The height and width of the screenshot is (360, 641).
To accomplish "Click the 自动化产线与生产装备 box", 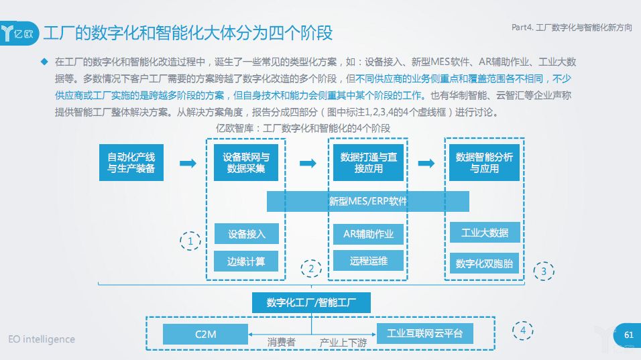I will [x=131, y=162].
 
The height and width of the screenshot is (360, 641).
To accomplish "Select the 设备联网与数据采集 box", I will [x=246, y=162].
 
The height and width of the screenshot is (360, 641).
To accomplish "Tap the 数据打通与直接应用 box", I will [x=368, y=162].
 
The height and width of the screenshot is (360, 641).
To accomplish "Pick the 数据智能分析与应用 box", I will [x=484, y=162].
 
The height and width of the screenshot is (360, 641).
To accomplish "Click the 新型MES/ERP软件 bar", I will [x=367, y=201].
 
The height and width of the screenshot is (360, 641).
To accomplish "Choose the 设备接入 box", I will [x=246, y=234].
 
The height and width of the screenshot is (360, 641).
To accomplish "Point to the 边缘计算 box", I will [x=246, y=261].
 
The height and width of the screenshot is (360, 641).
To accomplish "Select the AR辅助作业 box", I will [x=368, y=234].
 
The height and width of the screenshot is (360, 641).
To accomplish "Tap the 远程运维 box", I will [x=368, y=261].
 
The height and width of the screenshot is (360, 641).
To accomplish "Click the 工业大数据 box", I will [x=484, y=233].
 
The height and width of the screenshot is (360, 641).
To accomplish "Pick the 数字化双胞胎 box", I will [x=484, y=263].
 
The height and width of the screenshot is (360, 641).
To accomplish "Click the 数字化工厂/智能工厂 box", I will [x=311, y=302].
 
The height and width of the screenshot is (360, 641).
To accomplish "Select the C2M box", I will [x=206, y=333].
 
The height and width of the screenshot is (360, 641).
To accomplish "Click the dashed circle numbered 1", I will [x=190, y=241].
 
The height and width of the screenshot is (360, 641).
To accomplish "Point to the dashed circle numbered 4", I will [x=523, y=331].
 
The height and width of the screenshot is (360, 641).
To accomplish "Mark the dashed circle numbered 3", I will [x=544, y=272].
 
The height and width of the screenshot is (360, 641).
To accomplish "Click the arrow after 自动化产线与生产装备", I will [x=188, y=163].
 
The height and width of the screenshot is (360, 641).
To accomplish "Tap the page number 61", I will [x=628, y=335].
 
